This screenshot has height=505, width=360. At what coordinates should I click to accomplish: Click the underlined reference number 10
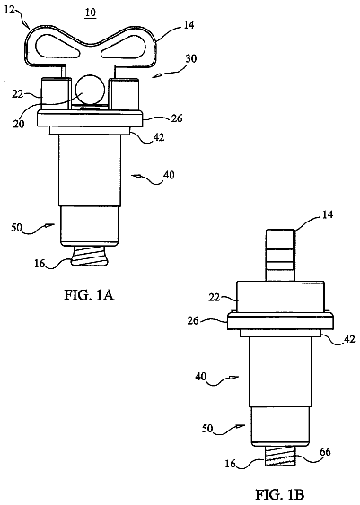pyautogui.click(x=91, y=13)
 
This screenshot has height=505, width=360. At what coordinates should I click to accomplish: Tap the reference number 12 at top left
pyautogui.click(x=10, y=10)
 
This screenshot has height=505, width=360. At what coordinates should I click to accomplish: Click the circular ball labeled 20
pyautogui.click(x=90, y=91)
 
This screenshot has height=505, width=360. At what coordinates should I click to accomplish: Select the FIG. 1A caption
pyautogui.click(x=89, y=295)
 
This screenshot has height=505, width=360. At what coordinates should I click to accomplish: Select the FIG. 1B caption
pyautogui.click(x=280, y=494)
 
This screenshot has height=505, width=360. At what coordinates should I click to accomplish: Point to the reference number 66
pyautogui.click(x=325, y=452)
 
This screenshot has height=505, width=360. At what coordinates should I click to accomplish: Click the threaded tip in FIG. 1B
pyautogui.click(x=280, y=456)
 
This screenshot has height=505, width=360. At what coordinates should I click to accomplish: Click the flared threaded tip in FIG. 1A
pyautogui.click(x=89, y=256)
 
